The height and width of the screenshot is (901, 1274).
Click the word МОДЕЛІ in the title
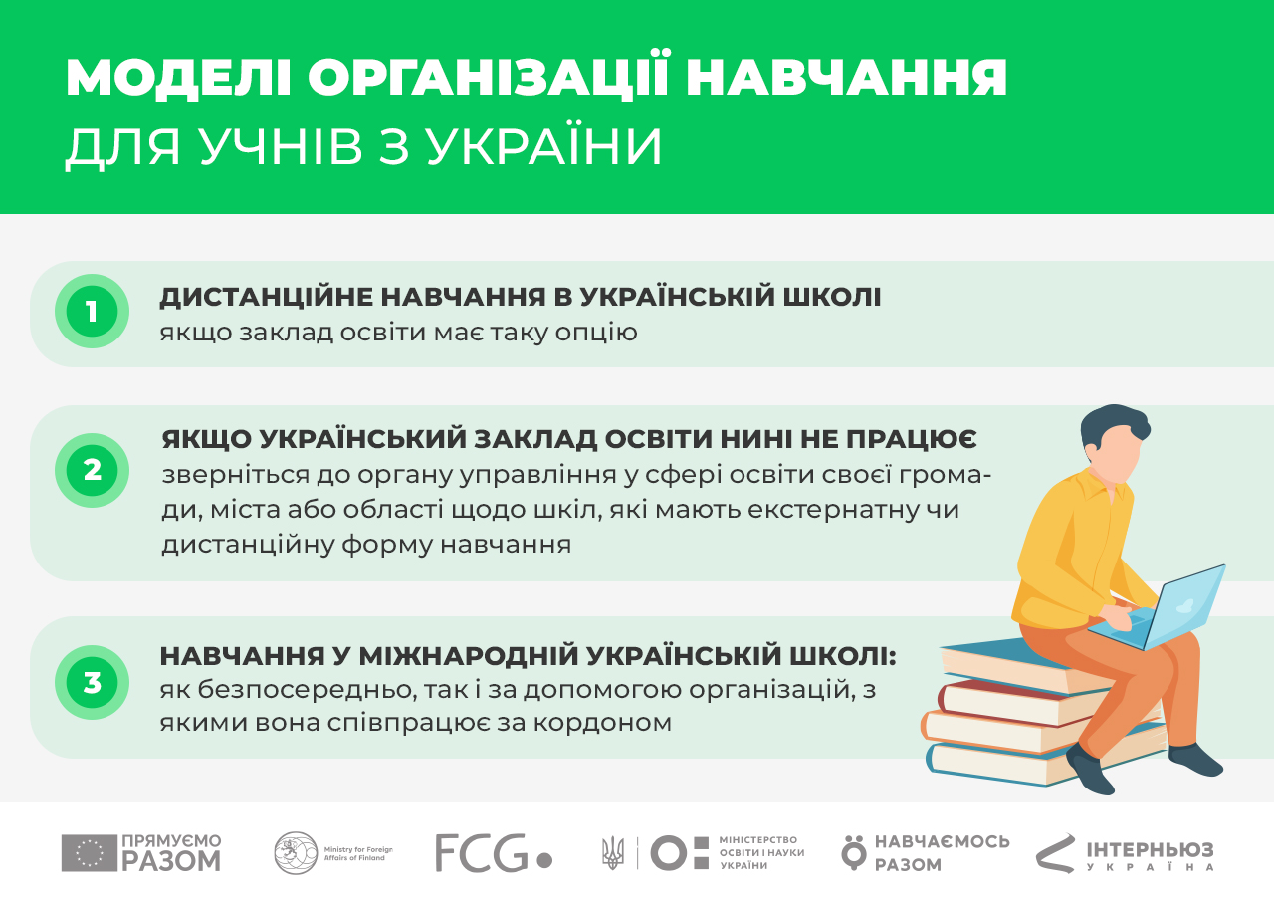(178, 78)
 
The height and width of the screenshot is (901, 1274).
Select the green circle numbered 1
(92, 312)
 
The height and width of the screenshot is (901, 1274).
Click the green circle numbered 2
(92, 470)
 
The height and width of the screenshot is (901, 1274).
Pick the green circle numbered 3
(92, 682)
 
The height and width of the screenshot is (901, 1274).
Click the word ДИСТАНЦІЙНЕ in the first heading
(265, 297)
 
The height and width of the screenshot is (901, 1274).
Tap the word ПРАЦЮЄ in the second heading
(911, 440)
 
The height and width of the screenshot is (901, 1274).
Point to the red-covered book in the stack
(1024, 703)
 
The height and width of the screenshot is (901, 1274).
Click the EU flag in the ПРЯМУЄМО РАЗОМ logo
(90, 853)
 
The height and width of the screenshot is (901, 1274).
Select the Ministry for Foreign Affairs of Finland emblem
(296, 852)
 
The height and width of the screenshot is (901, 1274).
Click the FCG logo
(493, 852)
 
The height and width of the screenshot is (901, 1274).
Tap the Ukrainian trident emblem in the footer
(613, 852)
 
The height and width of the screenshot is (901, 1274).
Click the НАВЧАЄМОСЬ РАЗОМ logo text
(942, 853)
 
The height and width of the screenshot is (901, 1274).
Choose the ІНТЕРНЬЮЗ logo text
(1150, 855)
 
